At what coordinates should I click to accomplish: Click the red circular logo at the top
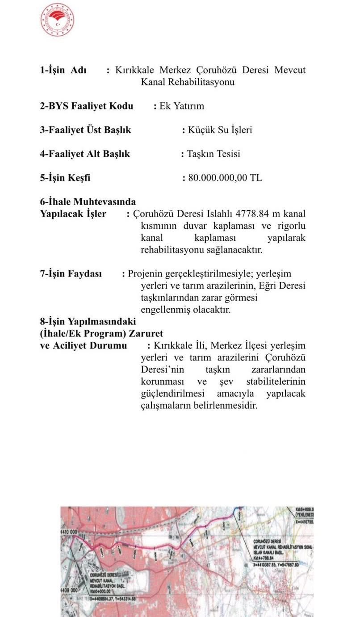pos(57,20)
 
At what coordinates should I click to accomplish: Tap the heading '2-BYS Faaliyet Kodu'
pos(87,106)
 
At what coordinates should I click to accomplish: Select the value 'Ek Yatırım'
pos(182,106)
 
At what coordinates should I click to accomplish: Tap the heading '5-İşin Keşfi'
pos(65,178)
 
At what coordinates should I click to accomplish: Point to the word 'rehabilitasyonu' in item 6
pos(172,250)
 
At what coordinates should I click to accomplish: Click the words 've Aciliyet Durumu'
pos(84,345)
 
